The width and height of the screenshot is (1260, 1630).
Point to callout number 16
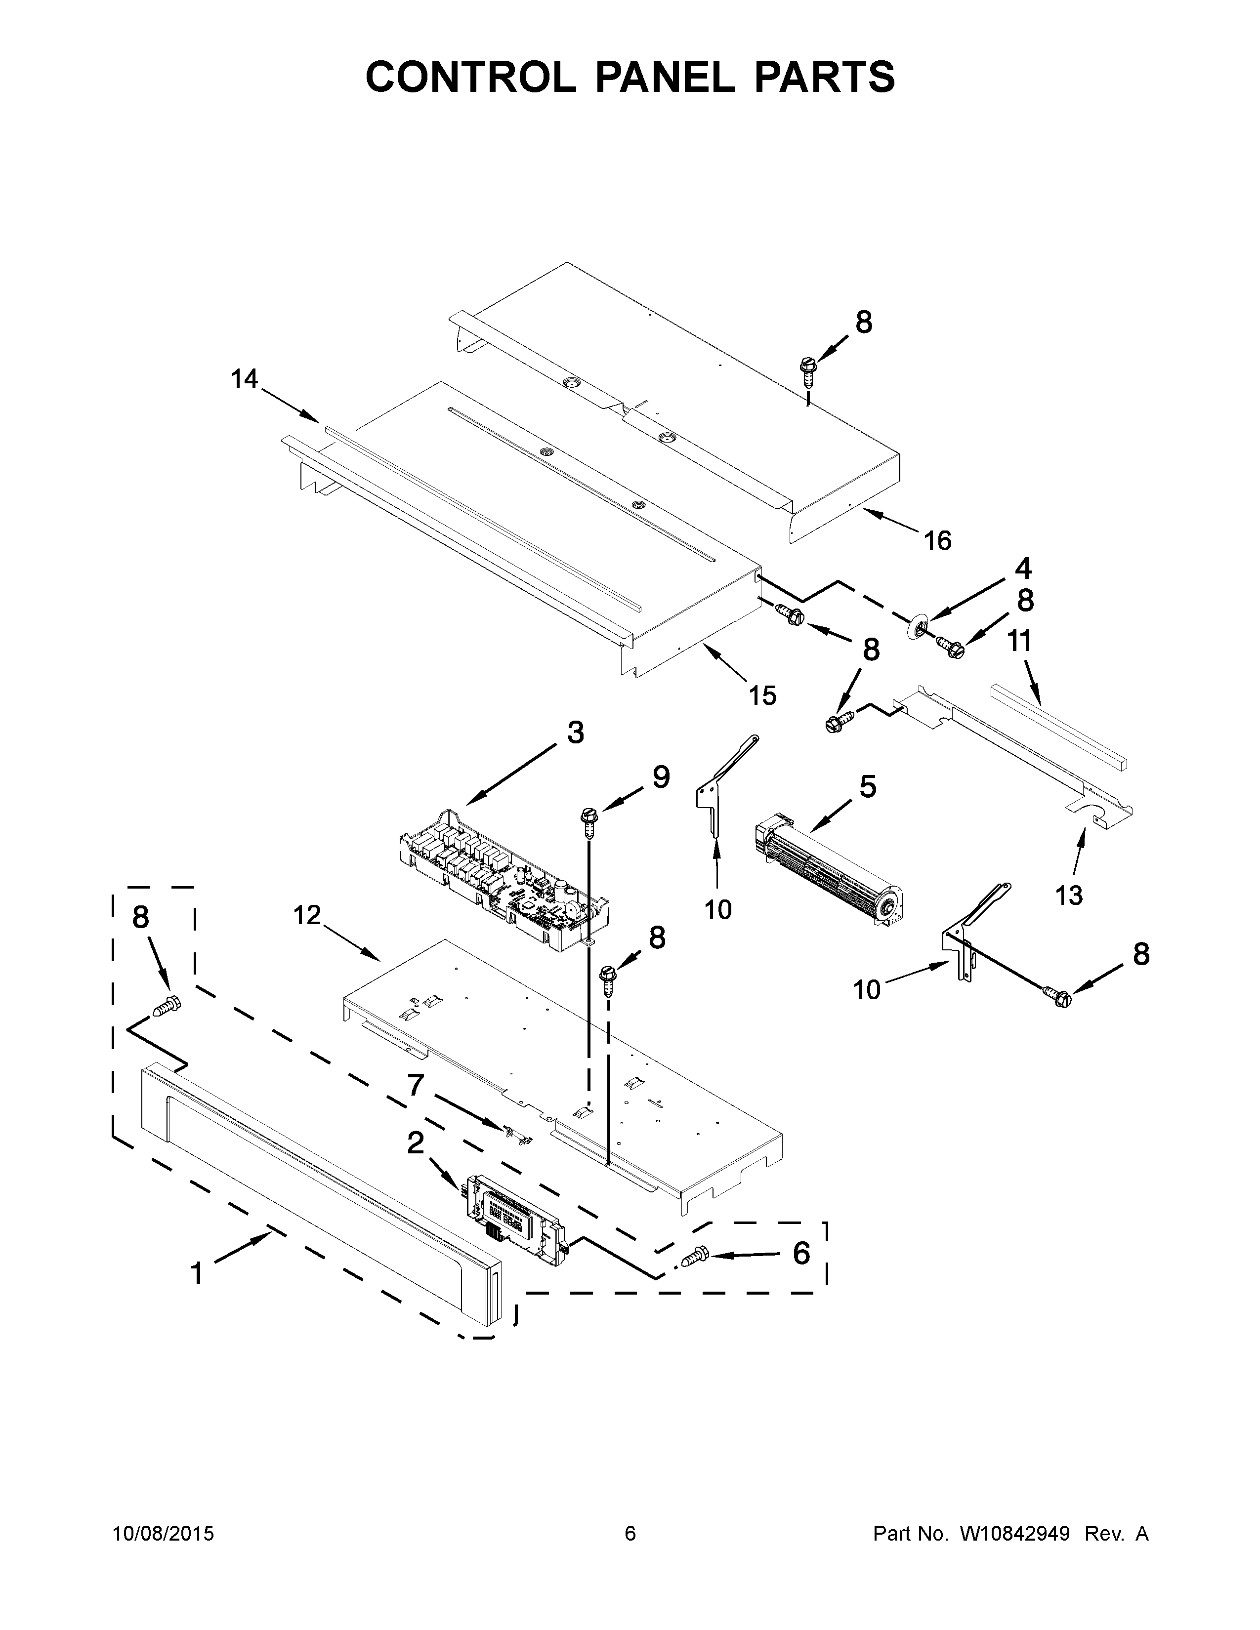click(937, 540)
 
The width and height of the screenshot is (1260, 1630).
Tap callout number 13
click(1069, 895)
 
